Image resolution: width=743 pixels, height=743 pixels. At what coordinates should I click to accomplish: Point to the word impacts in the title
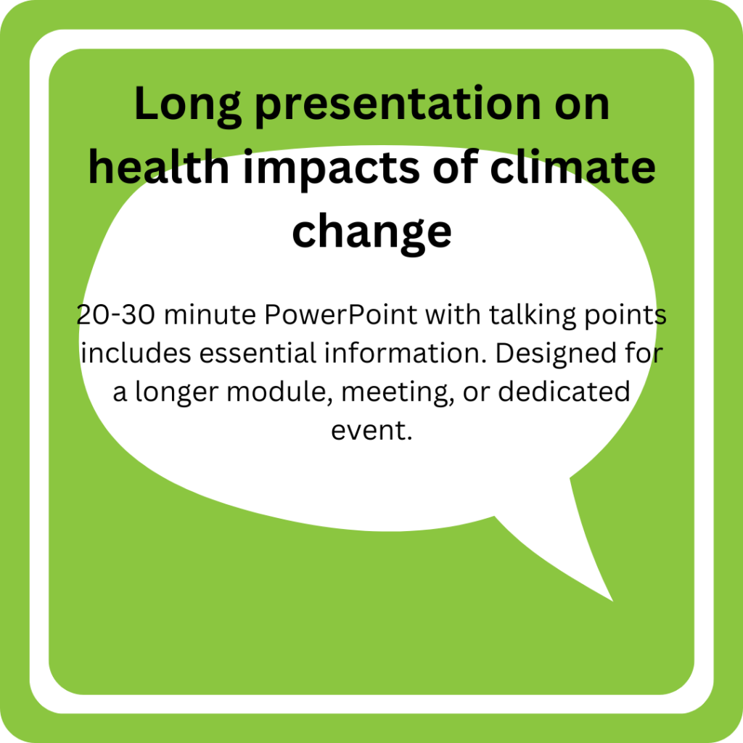point(331,169)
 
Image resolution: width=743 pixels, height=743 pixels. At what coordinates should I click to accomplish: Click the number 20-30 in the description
point(115,315)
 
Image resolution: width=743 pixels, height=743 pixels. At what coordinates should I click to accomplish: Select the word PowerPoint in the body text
point(341,315)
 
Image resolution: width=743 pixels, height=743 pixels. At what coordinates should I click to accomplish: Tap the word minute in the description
point(210,315)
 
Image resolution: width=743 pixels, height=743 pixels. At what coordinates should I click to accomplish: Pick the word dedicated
point(564,392)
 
